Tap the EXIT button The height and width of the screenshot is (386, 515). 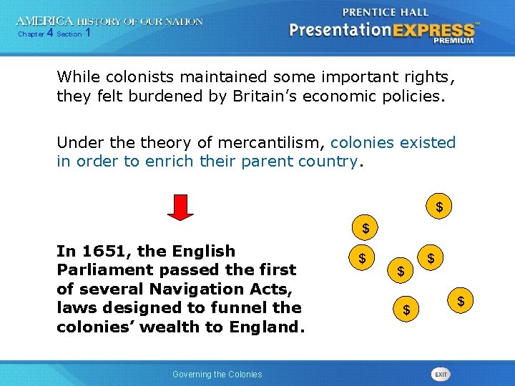click(x=441, y=375)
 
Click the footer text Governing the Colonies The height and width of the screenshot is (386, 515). click(x=217, y=375)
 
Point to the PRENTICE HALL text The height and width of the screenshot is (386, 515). click(x=386, y=12)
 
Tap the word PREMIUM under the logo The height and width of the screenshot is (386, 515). click(x=453, y=41)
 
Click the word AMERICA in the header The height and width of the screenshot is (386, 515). click(x=45, y=21)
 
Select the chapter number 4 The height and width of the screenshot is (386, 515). click(x=49, y=34)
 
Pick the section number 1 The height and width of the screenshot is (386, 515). click(x=88, y=34)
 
